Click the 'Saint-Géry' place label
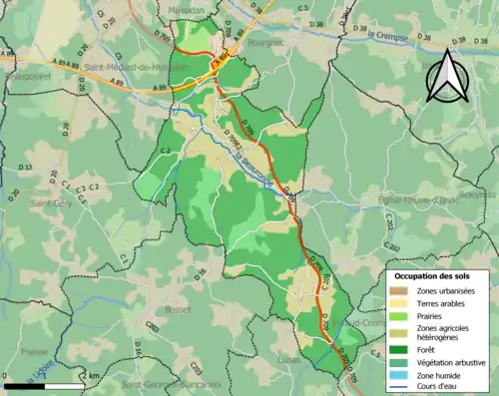(x=48, y=202)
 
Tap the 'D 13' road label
(x=27, y=169)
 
